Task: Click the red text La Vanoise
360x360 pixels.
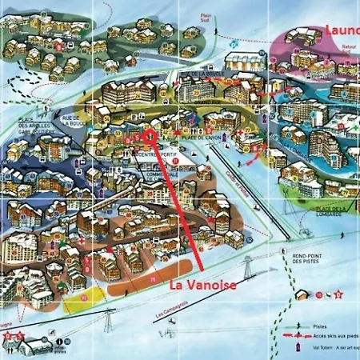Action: (203, 285)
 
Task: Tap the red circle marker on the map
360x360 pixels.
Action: (148, 135)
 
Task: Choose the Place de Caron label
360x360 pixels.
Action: (195, 138)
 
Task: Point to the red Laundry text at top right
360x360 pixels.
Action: (342, 30)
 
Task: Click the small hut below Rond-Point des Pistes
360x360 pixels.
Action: (302, 294)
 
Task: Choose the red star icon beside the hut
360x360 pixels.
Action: (338, 294)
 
